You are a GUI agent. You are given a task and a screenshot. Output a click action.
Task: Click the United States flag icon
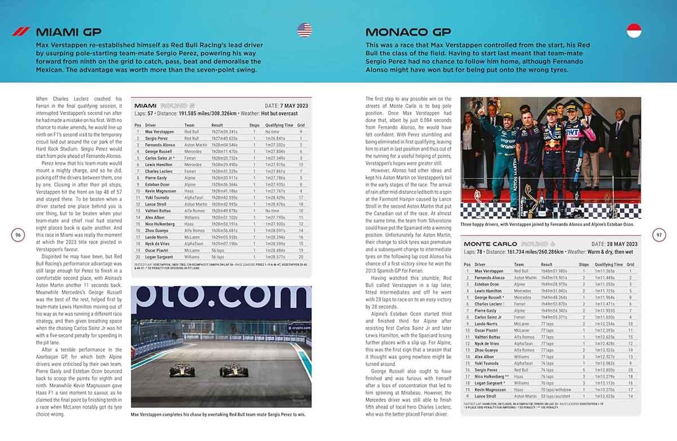(x=305, y=30)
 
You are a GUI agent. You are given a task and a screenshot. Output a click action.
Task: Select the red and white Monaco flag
(x=635, y=30)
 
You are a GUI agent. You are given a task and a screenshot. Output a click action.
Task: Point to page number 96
(x=18, y=235)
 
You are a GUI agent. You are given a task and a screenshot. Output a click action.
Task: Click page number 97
(x=659, y=235)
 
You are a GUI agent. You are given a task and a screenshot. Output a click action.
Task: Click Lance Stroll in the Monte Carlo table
(x=487, y=396)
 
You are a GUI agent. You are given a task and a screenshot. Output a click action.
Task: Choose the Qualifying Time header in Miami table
(x=279, y=125)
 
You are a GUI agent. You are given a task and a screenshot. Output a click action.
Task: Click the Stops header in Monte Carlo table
(x=583, y=264)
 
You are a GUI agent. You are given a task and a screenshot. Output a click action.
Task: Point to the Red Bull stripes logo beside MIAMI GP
(x=20, y=32)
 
